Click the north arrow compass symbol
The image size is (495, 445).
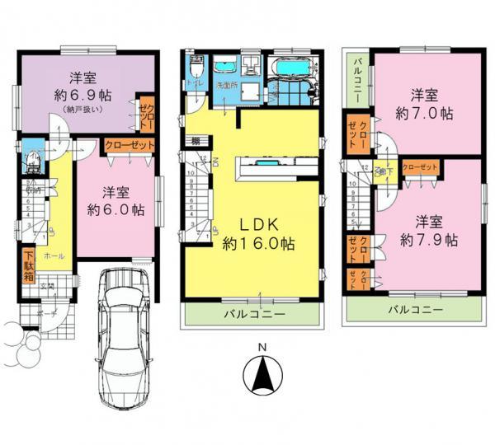(262, 380)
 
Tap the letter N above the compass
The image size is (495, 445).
(262, 347)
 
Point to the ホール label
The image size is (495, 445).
(55, 256)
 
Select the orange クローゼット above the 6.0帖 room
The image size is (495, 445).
(130, 147)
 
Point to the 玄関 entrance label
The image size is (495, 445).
(48, 286)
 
